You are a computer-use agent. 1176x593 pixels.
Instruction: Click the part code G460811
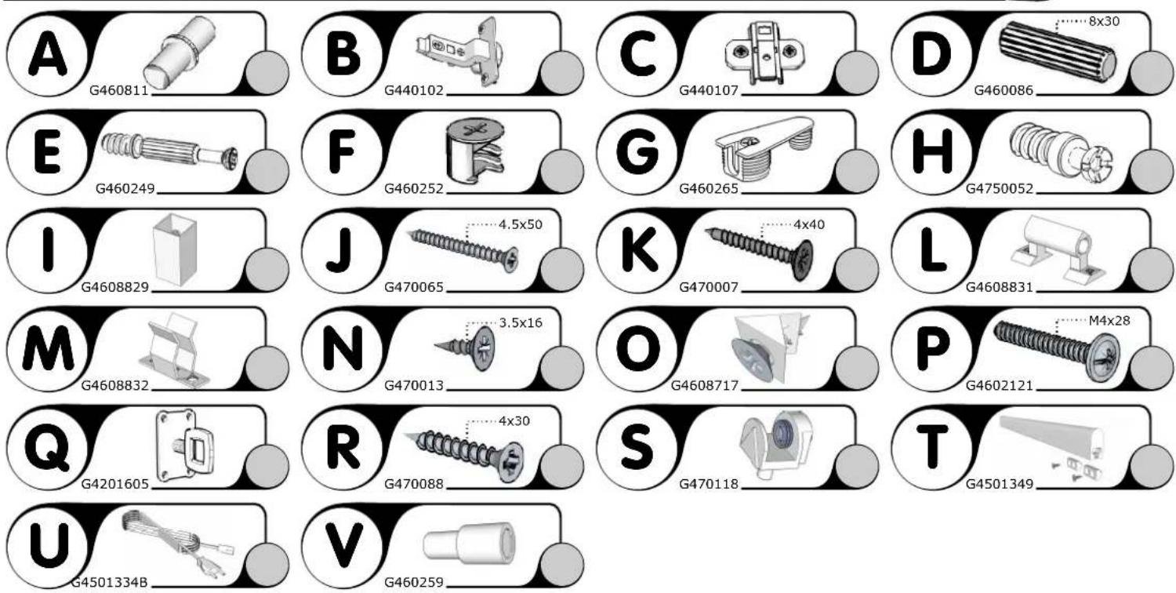(118, 90)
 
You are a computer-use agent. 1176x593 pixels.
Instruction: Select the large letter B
(343, 54)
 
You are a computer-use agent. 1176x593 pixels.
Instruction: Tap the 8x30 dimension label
(1104, 21)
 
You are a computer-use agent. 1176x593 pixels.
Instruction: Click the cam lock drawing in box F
(474, 151)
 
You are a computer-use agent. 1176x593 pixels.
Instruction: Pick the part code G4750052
(1000, 188)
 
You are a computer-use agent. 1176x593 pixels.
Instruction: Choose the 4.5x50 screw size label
(521, 225)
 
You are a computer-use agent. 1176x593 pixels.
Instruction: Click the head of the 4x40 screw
(804, 260)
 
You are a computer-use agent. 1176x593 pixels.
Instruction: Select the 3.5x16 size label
(521, 322)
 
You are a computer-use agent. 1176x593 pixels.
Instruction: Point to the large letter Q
(47, 448)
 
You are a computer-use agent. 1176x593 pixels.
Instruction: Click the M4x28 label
(1109, 320)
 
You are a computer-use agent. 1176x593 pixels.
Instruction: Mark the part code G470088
(414, 484)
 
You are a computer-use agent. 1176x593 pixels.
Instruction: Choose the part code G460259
(414, 582)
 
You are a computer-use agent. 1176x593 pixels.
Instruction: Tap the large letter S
(637, 448)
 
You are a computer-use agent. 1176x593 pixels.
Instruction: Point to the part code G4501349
(1000, 484)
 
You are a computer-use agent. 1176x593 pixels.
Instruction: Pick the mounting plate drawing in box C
(764, 52)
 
